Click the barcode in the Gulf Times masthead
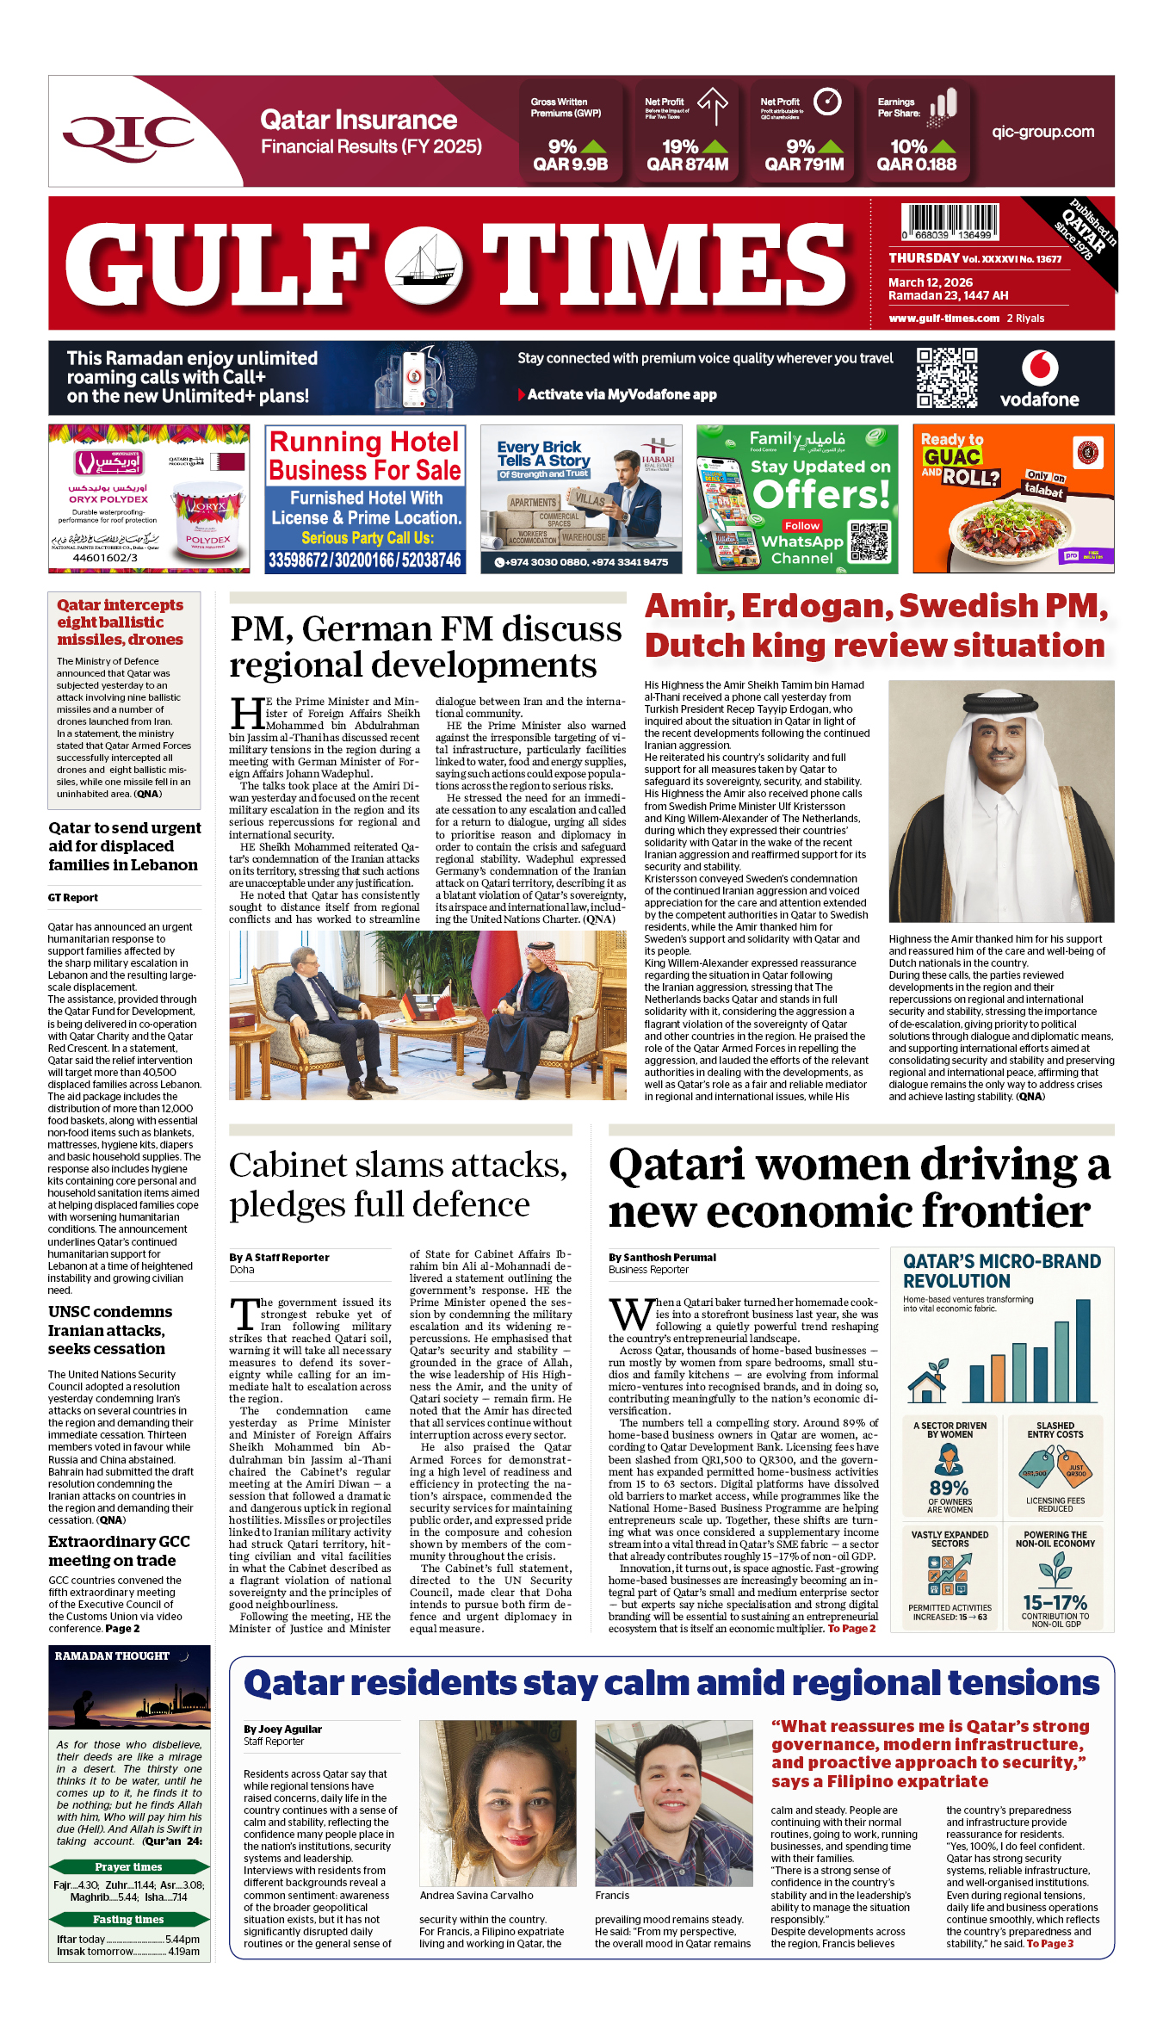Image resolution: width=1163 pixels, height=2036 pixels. [950, 221]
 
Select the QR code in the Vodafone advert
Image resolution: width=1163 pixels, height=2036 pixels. [946, 378]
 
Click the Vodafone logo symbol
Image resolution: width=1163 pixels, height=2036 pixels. [1040, 368]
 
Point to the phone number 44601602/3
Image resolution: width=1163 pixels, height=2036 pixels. [105, 558]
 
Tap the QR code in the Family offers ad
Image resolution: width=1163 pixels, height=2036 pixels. [868, 541]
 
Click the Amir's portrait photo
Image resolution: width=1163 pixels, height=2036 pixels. [1001, 801]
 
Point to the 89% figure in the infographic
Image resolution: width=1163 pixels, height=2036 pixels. [949, 1488]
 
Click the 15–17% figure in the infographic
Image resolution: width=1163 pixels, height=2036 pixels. [1055, 1603]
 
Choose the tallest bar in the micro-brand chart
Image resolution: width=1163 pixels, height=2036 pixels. [1083, 1352]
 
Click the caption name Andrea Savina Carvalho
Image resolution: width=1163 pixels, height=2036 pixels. [476, 1896]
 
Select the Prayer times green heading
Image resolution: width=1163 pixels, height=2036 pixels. [128, 1867]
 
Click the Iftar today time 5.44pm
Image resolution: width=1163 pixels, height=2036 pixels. [182, 1940]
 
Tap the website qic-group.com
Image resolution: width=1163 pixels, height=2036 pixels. [1042, 133]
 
